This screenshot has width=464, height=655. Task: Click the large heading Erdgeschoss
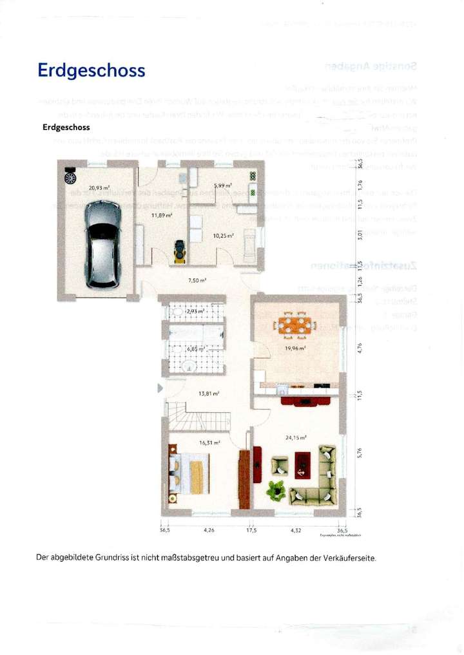(x=92, y=70)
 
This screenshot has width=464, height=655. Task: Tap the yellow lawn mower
(x=179, y=251)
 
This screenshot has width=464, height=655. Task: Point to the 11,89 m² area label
(x=161, y=215)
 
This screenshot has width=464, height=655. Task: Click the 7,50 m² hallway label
(x=197, y=280)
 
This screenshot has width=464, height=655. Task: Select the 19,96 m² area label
(x=295, y=348)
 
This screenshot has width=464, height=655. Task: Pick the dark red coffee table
(x=302, y=464)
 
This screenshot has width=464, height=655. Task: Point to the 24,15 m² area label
(x=295, y=437)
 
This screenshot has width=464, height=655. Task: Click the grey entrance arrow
(x=160, y=388)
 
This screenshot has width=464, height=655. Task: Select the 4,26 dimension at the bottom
(x=209, y=531)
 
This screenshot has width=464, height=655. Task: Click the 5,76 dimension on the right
(x=361, y=454)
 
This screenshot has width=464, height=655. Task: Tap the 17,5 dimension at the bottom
(x=251, y=531)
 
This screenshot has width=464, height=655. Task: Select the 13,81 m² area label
(x=209, y=393)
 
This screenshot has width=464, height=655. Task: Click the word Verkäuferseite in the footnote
(x=345, y=557)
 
